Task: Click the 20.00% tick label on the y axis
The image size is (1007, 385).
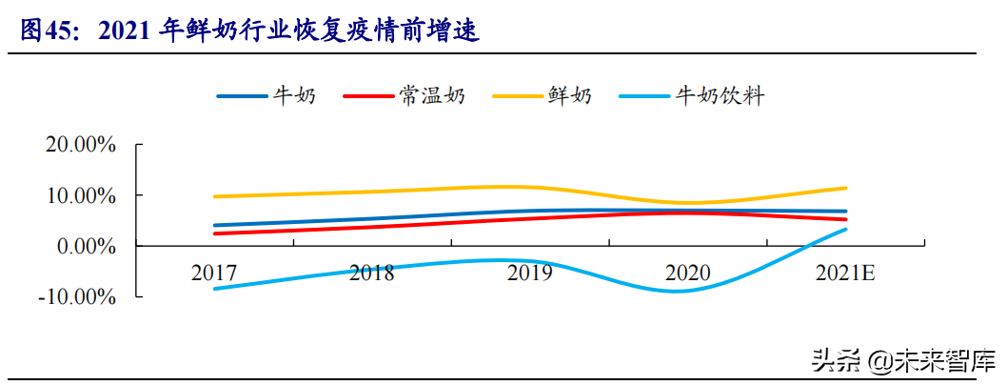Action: point(81,145)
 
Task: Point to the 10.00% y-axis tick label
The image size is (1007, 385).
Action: point(81,195)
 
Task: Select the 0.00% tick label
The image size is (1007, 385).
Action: point(87,246)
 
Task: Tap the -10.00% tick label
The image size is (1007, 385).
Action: point(77,296)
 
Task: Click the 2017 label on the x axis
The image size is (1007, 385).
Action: point(214,273)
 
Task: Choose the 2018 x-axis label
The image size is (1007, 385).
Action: point(371,273)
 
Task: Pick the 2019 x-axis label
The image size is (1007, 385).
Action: point(529,273)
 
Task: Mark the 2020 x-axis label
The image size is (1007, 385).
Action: point(687,273)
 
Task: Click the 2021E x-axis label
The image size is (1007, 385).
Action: point(845,273)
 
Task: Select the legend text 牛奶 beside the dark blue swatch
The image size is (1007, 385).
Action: point(294,95)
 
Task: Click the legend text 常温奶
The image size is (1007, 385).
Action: point(433,95)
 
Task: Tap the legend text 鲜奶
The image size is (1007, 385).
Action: point(569,95)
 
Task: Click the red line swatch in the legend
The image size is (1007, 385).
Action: point(367,96)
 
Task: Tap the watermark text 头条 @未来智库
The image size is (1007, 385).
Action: point(904,361)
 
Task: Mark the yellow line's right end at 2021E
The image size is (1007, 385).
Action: point(846,188)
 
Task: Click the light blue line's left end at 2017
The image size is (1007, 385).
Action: point(215,288)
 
